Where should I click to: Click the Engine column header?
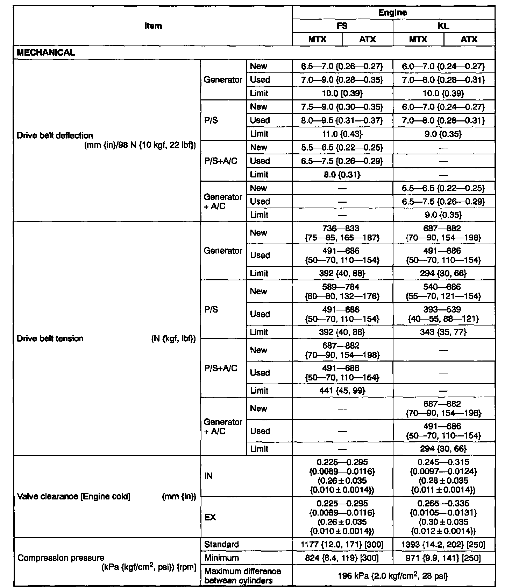pyautogui.click(x=393, y=13)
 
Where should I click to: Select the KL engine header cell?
pyautogui.click(x=443, y=26)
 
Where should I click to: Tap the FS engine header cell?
pyautogui.click(x=342, y=26)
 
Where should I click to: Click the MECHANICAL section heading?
pyautogui.click(x=46, y=53)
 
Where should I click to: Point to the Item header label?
pyautogui.click(x=153, y=26)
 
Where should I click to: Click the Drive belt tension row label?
pyautogui.click(x=50, y=338)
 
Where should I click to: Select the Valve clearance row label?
pyautogui.click(x=73, y=497)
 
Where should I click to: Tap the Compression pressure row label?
pyautogui.click(x=61, y=558)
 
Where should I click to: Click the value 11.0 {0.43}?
pyautogui.click(x=342, y=134)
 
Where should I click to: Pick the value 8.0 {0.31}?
pyautogui.click(x=342, y=175)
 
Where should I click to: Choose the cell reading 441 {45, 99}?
pyautogui.click(x=342, y=391)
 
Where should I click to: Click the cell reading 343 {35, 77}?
pyautogui.click(x=443, y=332)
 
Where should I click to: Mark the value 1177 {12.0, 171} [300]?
pyautogui.click(x=342, y=545)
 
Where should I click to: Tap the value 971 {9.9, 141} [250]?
pyautogui.click(x=443, y=558)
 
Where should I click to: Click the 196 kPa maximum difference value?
pyautogui.click(x=393, y=576)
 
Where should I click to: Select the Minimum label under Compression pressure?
pyautogui.click(x=222, y=558)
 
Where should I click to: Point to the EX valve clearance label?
pyautogui.click(x=210, y=517)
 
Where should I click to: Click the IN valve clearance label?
pyautogui.click(x=208, y=476)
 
